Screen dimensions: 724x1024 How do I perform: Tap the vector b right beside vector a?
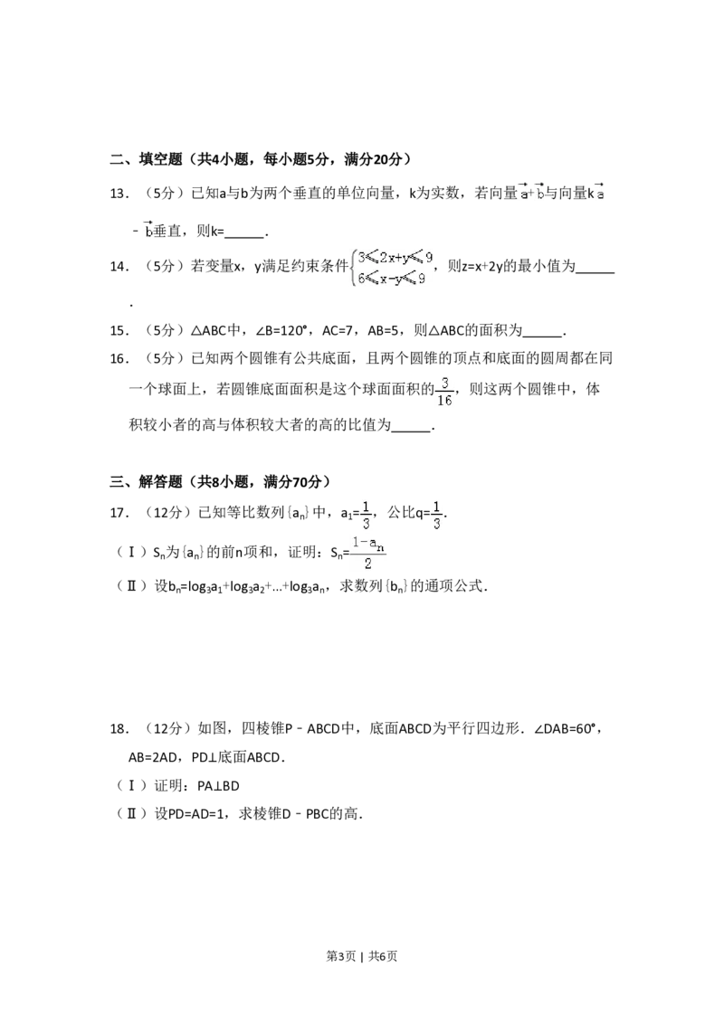pos(540,193)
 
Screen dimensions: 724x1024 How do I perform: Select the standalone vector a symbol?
pos(601,193)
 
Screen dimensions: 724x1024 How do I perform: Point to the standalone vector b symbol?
pos(147,230)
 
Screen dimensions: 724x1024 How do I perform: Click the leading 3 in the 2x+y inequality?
pos(360,257)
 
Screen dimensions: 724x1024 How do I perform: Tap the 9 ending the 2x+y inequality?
pos(429,257)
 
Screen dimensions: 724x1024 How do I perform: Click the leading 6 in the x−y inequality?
pos(360,279)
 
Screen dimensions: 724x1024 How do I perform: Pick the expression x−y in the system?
pos(390,279)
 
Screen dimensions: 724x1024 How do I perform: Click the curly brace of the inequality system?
pos(351,268)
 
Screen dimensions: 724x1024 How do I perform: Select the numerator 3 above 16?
pos(444,381)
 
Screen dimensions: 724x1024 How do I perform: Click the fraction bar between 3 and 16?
pos(444,391)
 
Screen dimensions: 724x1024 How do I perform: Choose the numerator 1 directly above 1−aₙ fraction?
pos(366,505)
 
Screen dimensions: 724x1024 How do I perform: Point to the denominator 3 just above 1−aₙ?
pos(366,523)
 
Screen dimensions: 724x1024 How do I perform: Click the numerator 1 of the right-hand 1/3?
pos(437,505)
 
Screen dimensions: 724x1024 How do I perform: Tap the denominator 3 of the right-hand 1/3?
pos(437,524)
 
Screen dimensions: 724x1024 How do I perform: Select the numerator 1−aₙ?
pos(368,543)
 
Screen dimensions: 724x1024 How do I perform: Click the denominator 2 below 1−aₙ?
pos(368,564)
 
